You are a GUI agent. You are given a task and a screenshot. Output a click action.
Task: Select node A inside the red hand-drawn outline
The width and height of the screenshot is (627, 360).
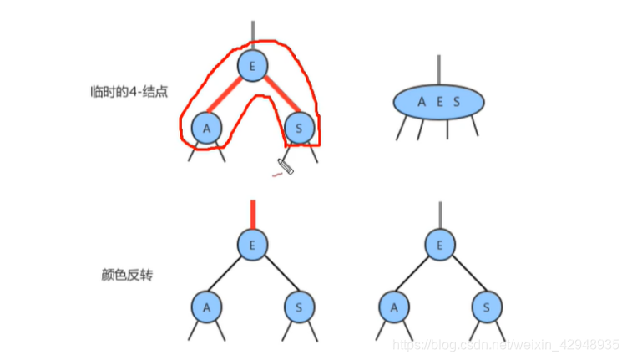coord(205,129)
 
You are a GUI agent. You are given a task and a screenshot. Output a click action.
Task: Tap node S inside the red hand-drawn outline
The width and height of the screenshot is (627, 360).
coord(299,129)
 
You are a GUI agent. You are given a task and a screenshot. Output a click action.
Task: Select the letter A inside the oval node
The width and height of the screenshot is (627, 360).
coord(422,102)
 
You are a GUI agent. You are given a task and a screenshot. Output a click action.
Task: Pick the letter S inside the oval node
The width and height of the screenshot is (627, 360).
coord(457,102)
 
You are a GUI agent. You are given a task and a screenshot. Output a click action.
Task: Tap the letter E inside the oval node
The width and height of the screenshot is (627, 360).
coord(439,102)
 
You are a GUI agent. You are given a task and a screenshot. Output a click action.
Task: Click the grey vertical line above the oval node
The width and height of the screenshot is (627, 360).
coord(439,68)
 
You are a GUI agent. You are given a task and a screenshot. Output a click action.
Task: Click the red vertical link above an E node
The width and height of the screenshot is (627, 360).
coord(252,214)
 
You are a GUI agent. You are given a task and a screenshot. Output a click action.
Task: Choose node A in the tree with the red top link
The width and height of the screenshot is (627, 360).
coord(205,307)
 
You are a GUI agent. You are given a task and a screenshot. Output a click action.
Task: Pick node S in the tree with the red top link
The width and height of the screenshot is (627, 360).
coord(299,307)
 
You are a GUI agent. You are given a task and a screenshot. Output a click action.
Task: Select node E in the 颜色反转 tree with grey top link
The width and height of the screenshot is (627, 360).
coord(439,245)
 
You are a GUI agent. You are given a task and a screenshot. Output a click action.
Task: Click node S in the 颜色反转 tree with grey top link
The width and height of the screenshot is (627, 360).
coord(486,307)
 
